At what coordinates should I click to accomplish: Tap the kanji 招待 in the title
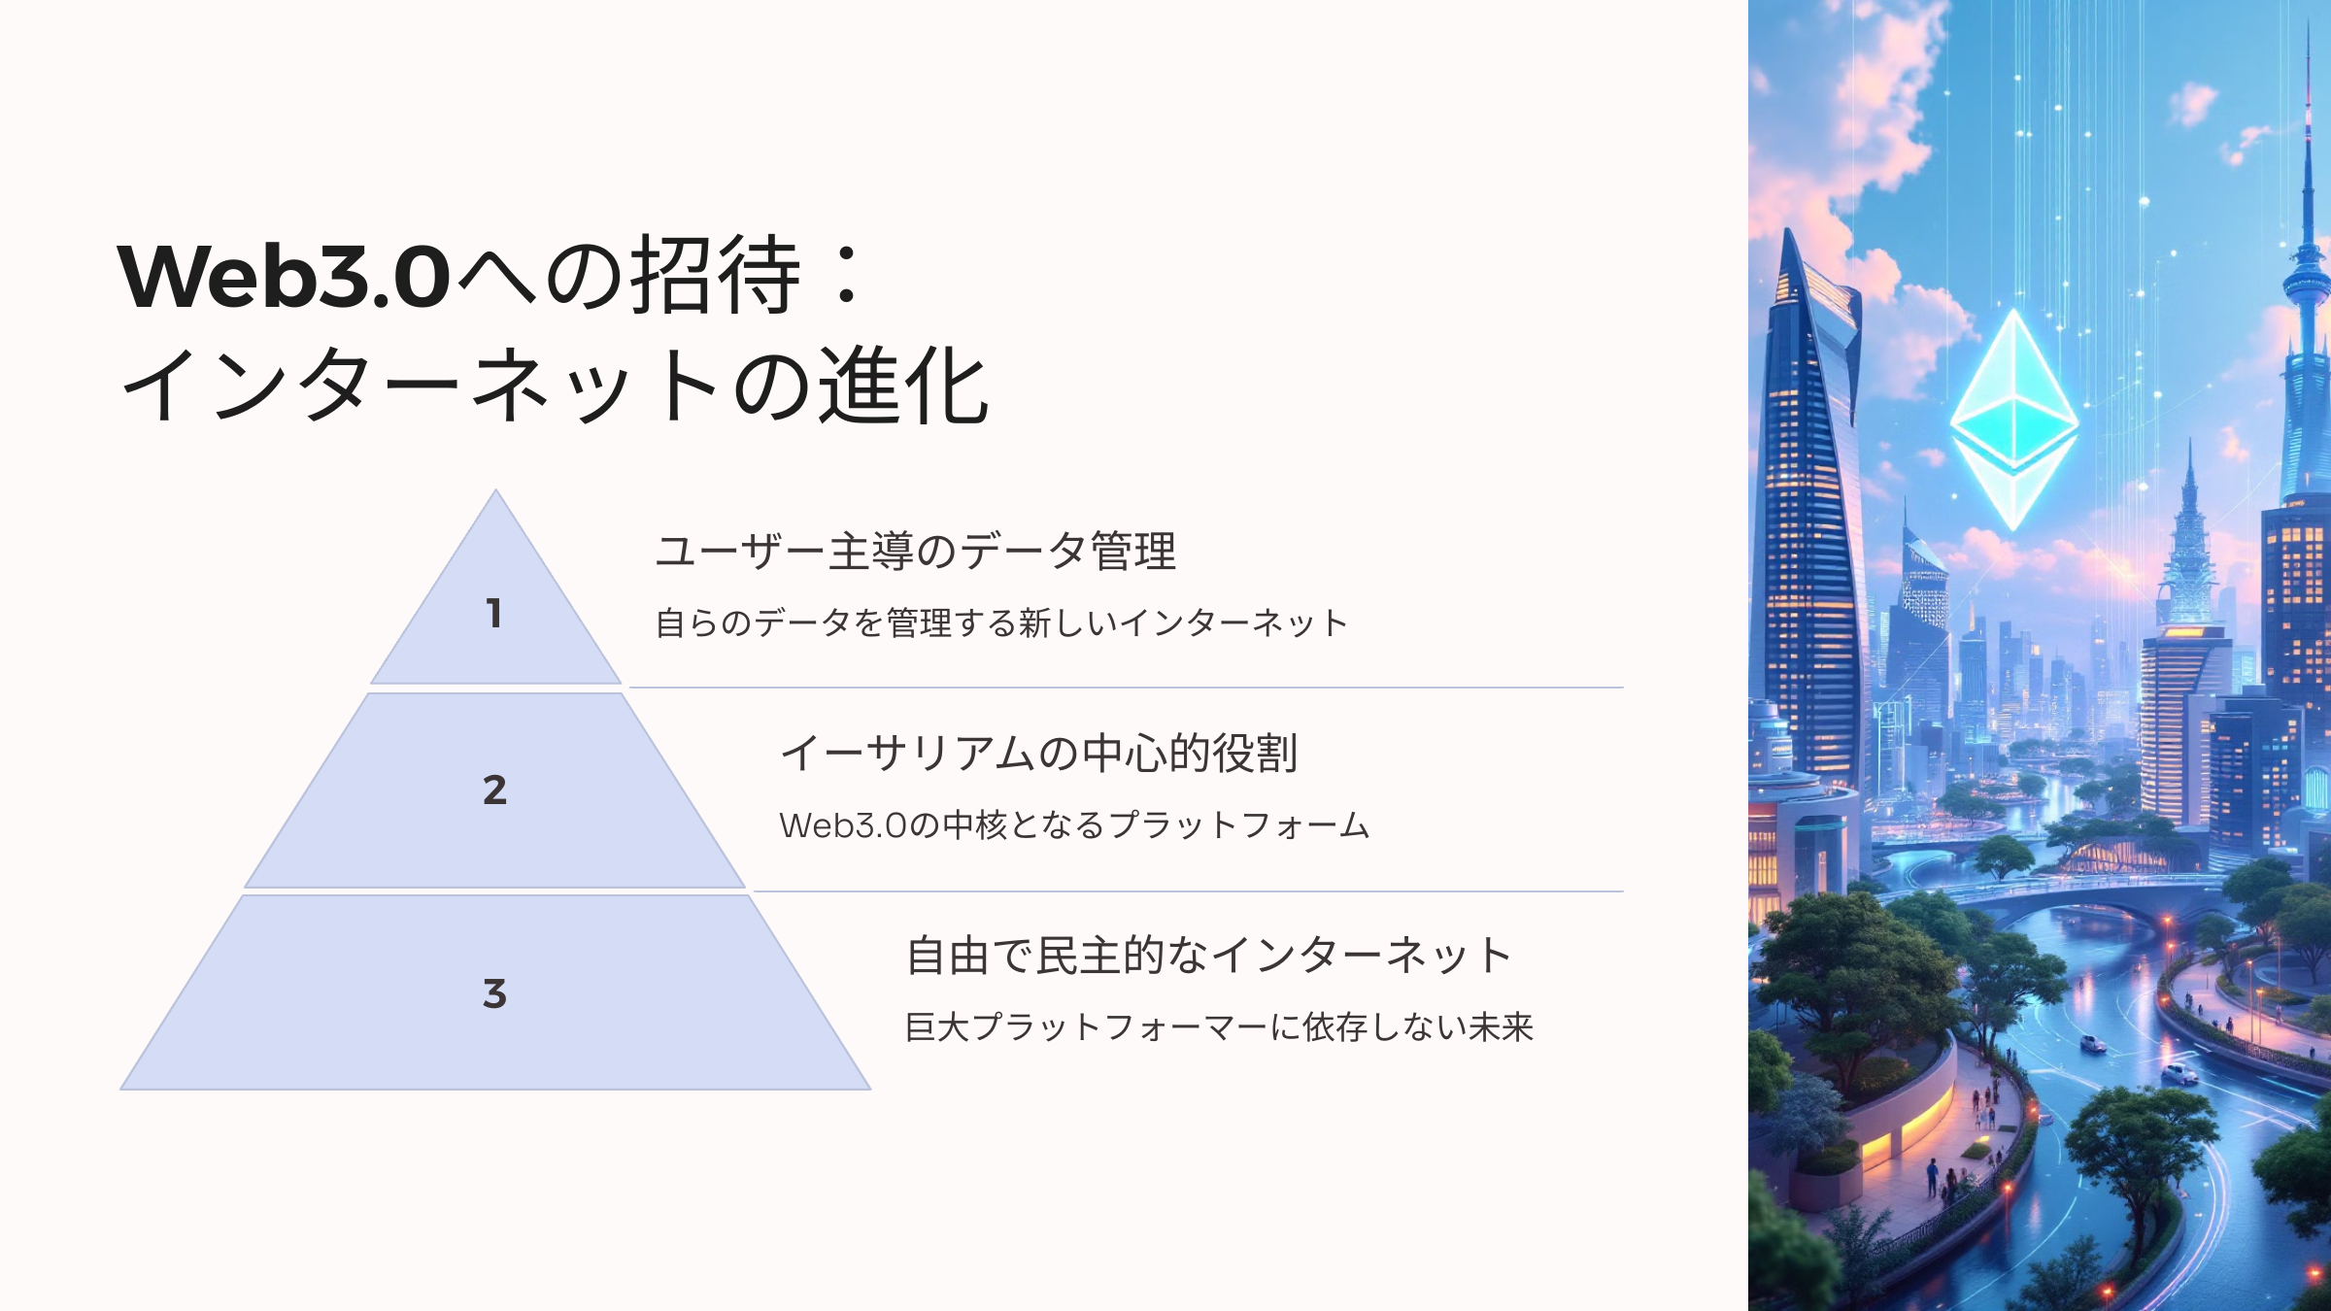[x=717, y=275]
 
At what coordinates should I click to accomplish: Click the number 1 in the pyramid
[x=494, y=613]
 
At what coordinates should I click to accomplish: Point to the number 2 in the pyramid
[x=494, y=790]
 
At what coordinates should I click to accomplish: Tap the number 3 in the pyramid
[x=494, y=993]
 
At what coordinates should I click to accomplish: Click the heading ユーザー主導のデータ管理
[x=916, y=551]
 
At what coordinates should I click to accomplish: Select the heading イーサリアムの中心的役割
[x=1039, y=753]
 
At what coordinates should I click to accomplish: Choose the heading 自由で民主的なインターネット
[x=1208, y=955]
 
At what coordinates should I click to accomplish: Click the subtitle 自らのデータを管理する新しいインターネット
[x=1001, y=622]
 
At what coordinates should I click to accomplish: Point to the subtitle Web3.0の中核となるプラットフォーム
[x=1074, y=824]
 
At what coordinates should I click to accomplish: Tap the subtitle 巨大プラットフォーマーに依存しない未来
[x=1219, y=1026]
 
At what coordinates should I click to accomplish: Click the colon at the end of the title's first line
[x=847, y=275]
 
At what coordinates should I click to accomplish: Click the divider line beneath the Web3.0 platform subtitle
[x=1189, y=891]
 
